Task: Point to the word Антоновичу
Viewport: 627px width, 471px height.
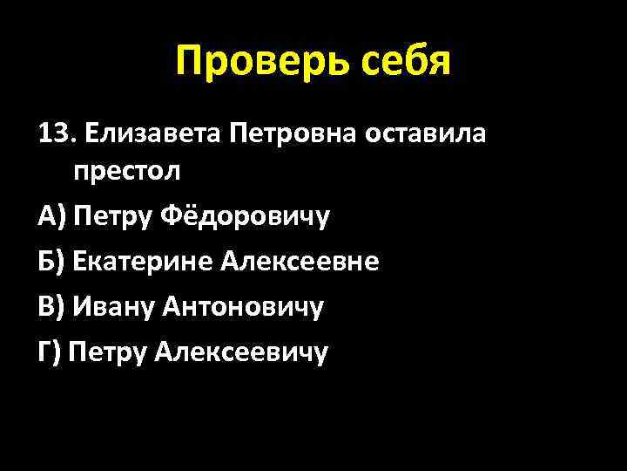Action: point(249,306)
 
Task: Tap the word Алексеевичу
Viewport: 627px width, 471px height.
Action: point(242,352)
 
